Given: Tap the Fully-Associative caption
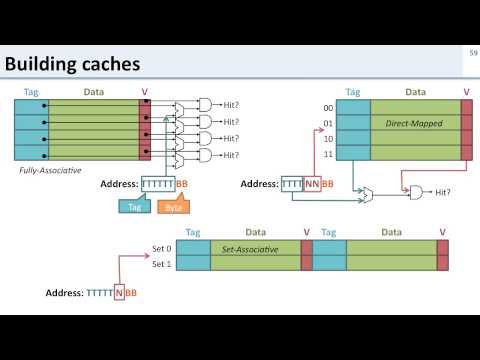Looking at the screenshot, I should pyautogui.click(x=49, y=170).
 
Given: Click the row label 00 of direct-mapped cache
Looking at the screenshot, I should pyautogui.click(x=326, y=107).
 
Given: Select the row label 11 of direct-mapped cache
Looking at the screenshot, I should pyautogui.click(x=326, y=155).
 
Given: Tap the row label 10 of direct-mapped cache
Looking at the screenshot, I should pyautogui.click(x=326, y=139).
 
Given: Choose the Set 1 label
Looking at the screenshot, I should pyautogui.click(x=163, y=264).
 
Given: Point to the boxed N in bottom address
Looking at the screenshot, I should pyautogui.click(x=118, y=293).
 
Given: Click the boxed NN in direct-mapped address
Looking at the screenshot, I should pyautogui.click(x=312, y=184).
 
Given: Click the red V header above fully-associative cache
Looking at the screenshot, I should pyautogui.click(x=144, y=91).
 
